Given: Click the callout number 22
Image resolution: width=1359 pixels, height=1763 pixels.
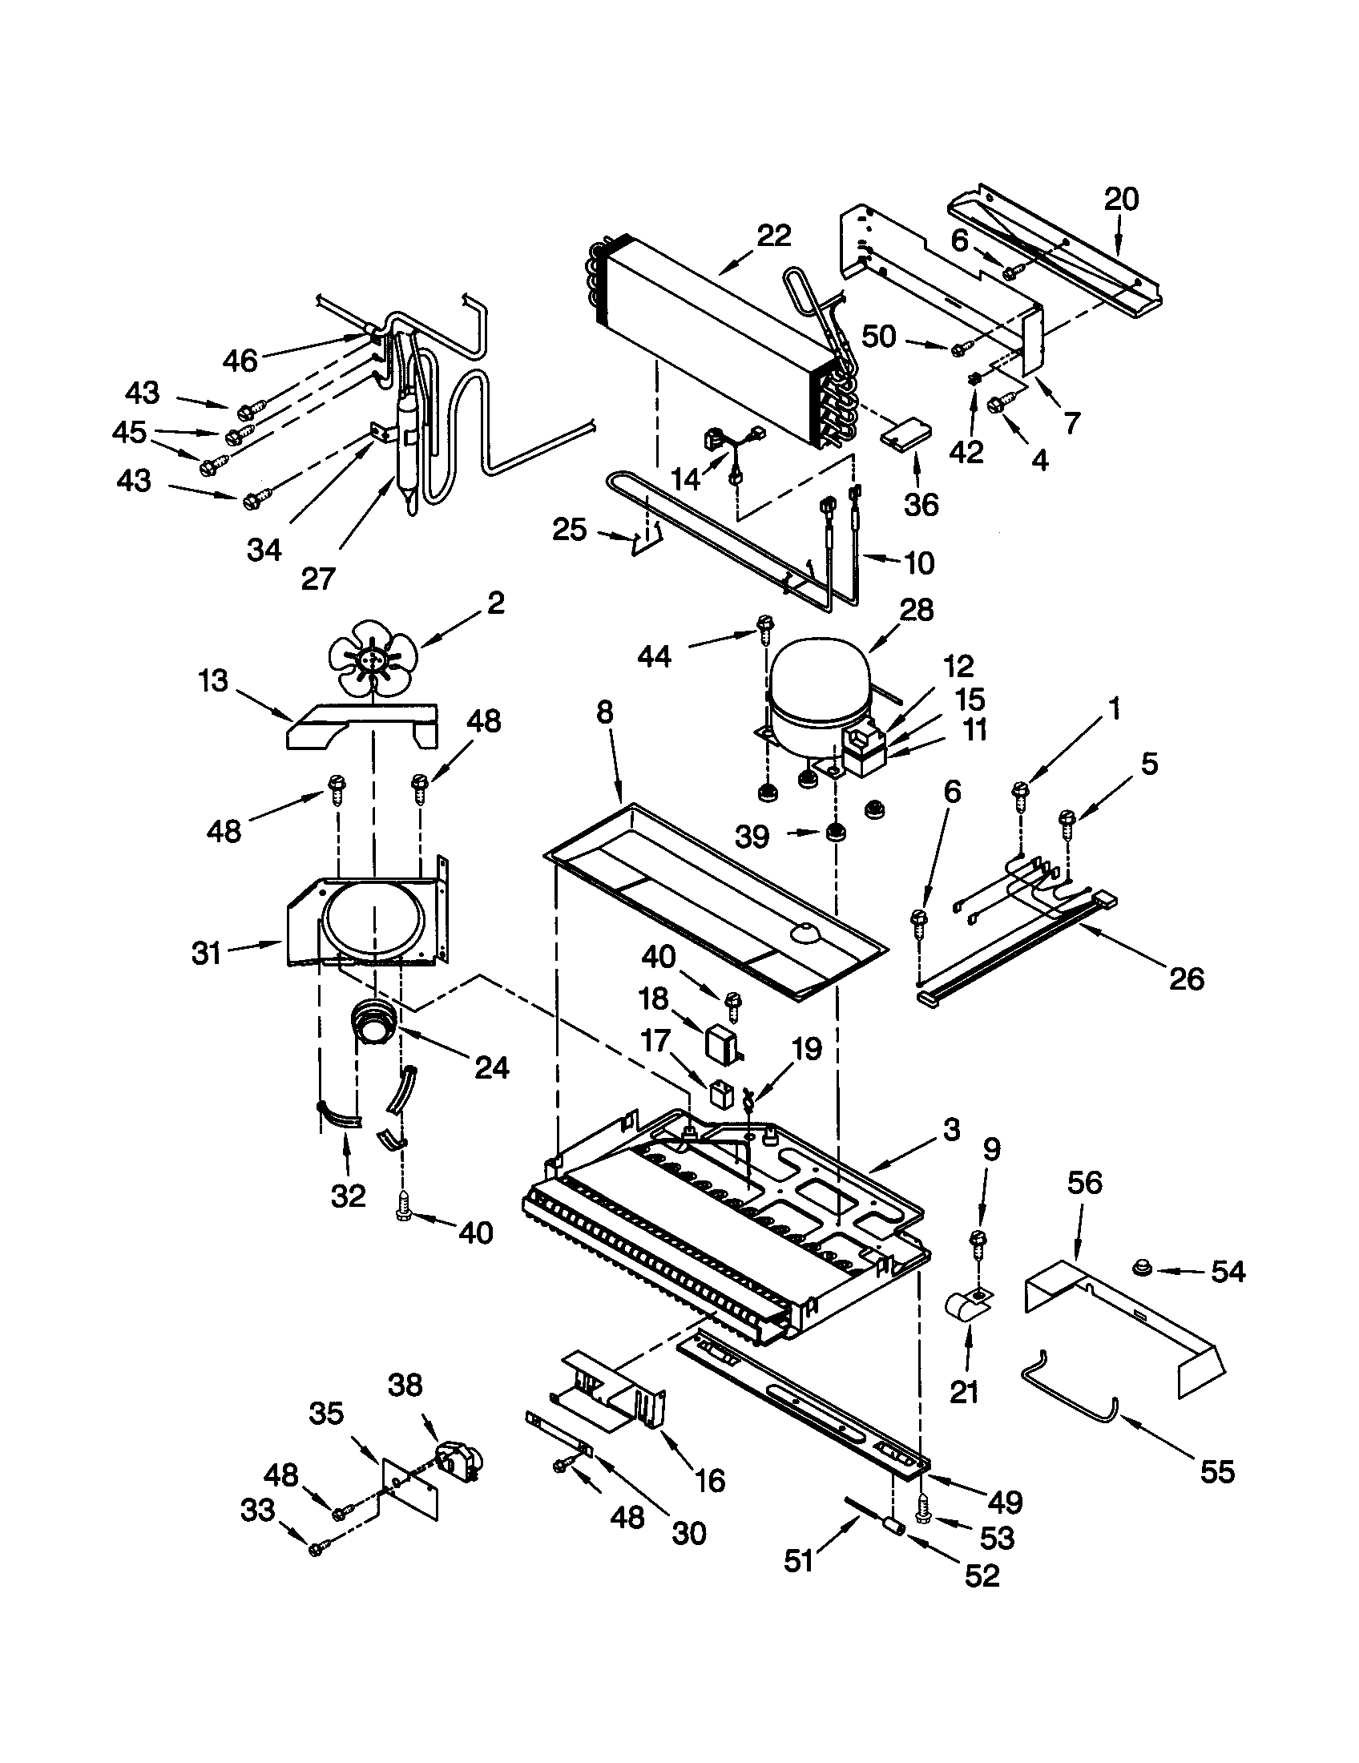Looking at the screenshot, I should tap(774, 235).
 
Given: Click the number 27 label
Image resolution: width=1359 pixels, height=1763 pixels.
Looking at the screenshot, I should tap(317, 578).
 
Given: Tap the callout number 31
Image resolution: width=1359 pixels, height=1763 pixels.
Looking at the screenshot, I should tap(207, 953).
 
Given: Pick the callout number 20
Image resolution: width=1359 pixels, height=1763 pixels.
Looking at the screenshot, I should tap(1121, 199).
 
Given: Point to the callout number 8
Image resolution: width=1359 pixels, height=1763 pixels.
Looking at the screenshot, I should tap(604, 712).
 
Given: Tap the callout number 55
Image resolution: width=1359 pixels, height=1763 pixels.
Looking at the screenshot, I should tap(1216, 1471).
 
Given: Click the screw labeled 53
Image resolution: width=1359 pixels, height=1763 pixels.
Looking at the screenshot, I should tap(924, 1515).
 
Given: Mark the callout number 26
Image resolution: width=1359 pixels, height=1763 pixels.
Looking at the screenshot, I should tap(1185, 979).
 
